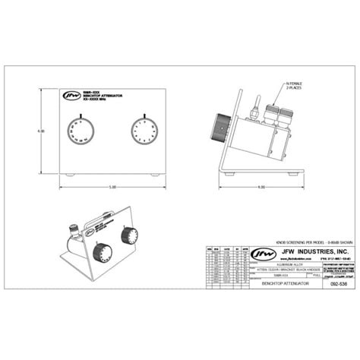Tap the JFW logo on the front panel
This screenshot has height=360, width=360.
pyautogui.click(x=71, y=96)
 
